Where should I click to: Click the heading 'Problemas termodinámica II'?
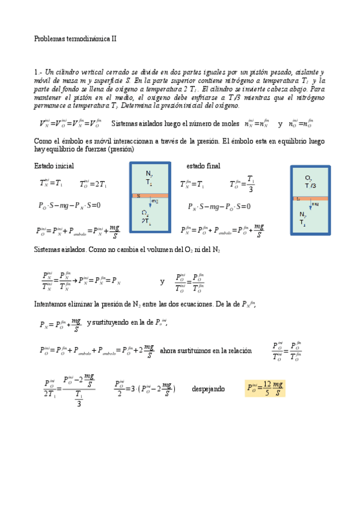tap(75, 38)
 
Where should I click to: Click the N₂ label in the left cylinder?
tap(149, 174)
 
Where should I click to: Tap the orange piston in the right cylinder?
tap(310, 198)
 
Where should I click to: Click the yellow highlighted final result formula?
tap(265, 389)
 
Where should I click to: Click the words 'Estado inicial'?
tap(54, 166)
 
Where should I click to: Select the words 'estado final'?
tap(203, 166)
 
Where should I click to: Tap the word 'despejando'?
tap(208, 389)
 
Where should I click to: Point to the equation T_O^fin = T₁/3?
tap(243, 183)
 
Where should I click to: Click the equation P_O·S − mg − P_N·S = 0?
tap(69, 206)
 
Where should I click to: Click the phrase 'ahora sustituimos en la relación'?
tap(206, 351)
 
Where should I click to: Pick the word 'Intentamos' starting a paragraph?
tap(50, 305)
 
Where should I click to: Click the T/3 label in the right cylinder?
tap(310, 185)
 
